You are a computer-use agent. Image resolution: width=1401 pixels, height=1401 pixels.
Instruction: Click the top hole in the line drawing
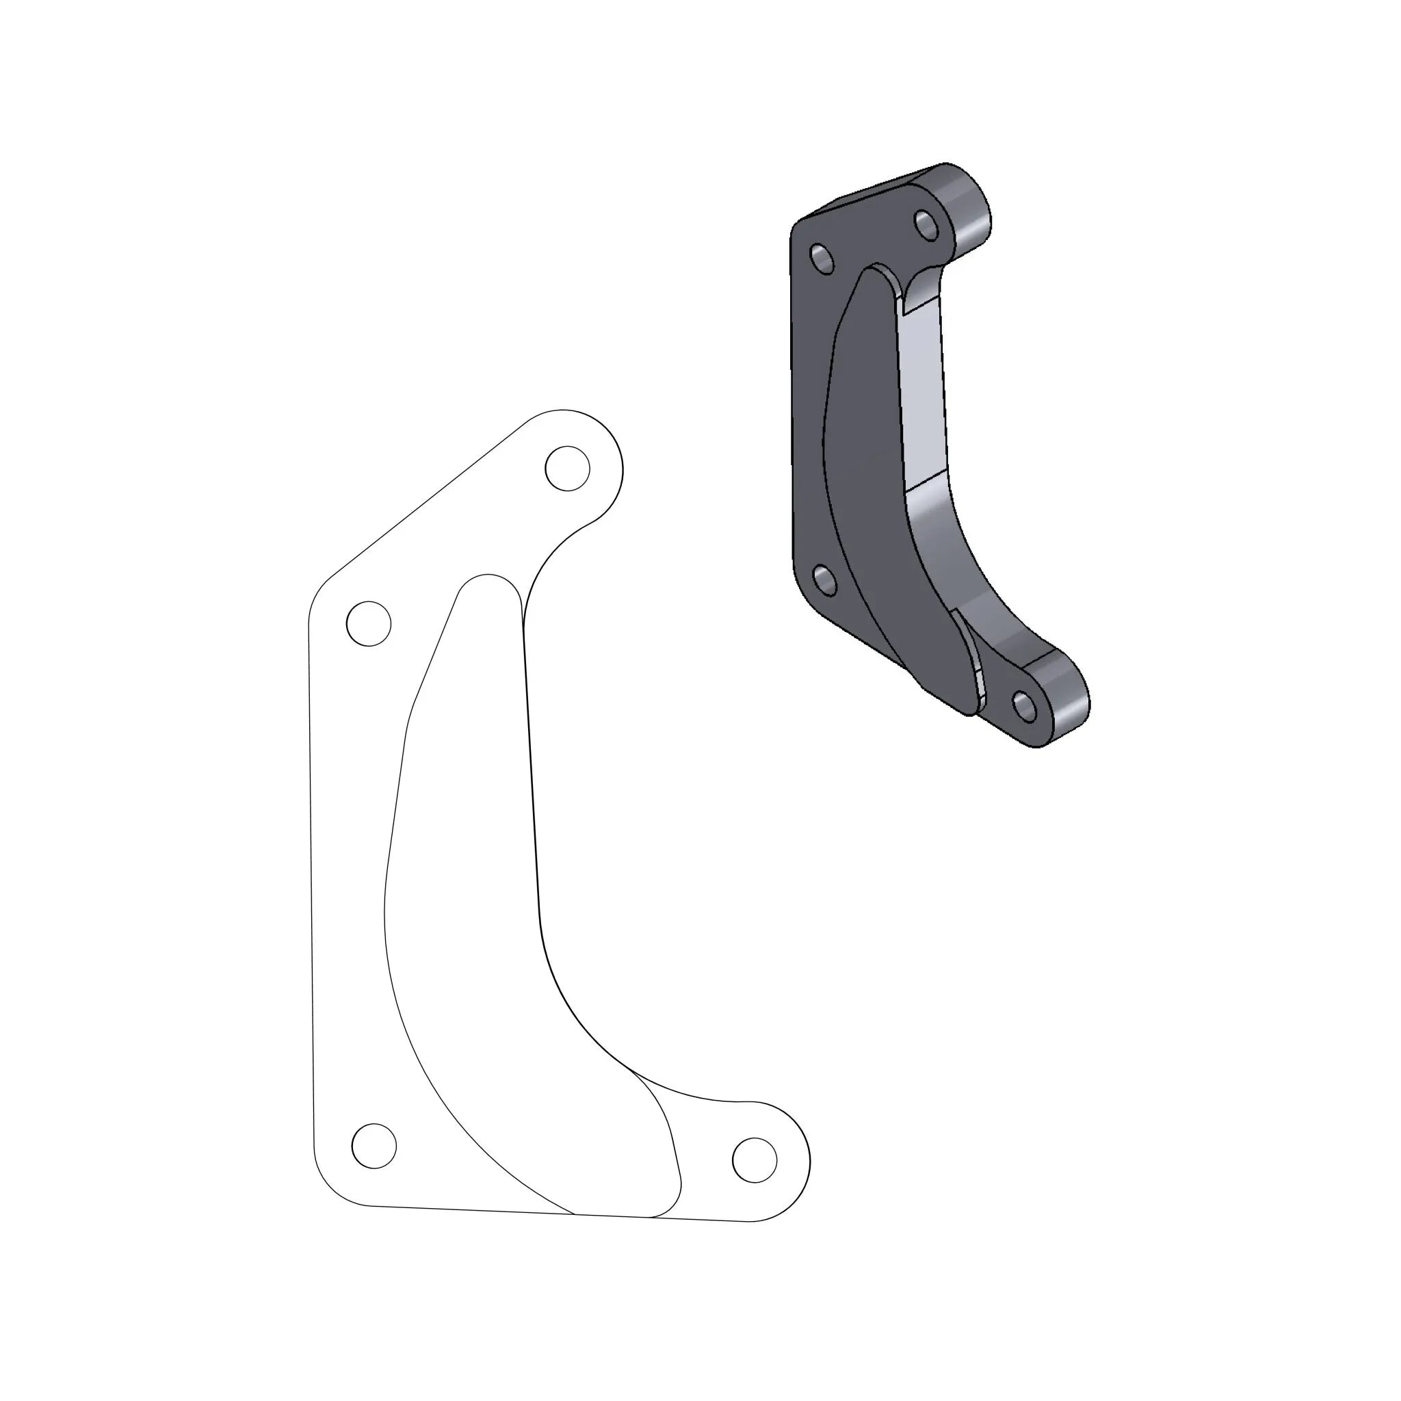click(x=566, y=468)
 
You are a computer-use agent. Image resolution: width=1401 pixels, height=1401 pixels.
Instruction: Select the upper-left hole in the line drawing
click(x=369, y=623)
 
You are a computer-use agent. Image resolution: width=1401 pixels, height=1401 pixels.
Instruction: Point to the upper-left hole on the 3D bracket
click(x=822, y=259)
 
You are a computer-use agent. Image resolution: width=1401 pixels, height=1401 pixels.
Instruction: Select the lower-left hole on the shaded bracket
click(x=824, y=580)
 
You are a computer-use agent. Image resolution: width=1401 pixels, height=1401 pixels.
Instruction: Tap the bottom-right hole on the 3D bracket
click(x=1025, y=705)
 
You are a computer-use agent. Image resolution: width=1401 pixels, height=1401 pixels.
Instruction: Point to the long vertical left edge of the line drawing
click(x=311, y=870)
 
